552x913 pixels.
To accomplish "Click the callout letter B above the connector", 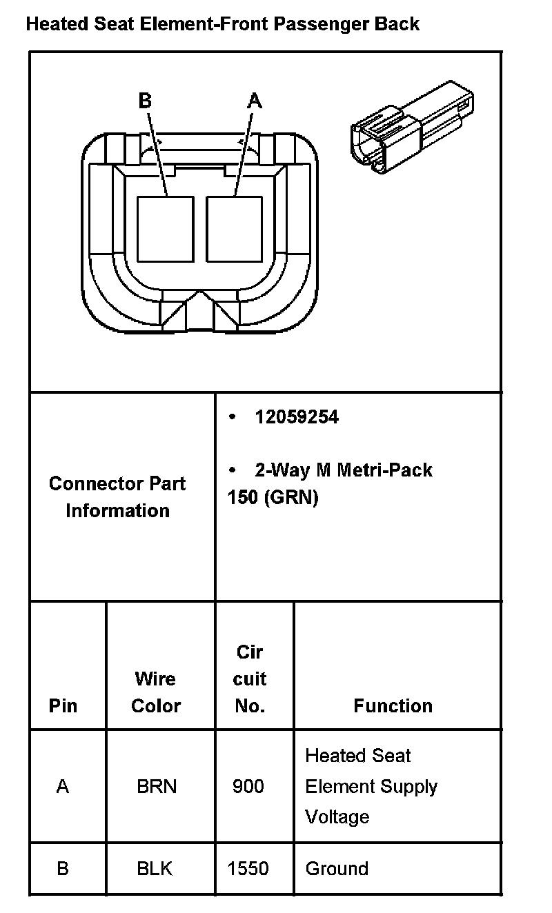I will pyautogui.click(x=145, y=101).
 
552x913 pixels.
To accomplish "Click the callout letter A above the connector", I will pyautogui.click(x=255, y=101).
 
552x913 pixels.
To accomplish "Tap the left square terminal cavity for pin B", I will pyautogui.click(x=165, y=229).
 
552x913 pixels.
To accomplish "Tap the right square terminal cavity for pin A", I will pyautogui.click(x=235, y=229).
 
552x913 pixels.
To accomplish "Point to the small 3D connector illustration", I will pyautogui.click(x=413, y=129).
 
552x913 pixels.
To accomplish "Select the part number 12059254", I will pyautogui.click(x=297, y=417).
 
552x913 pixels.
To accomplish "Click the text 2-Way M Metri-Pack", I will pyautogui.click(x=343, y=470).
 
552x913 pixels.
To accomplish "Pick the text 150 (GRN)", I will pyautogui.click(x=273, y=498).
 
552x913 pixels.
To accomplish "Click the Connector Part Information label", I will pyautogui.click(x=117, y=496).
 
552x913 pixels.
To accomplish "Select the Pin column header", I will pyautogui.click(x=63, y=705).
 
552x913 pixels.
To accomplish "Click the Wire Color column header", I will pyautogui.click(x=156, y=692).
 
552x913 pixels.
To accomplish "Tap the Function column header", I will pyautogui.click(x=393, y=705).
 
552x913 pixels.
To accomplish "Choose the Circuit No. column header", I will pyautogui.click(x=249, y=679).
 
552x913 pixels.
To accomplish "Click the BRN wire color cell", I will pyautogui.click(x=157, y=786).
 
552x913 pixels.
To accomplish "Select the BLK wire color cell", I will pyautogui.click(x=155, y=868).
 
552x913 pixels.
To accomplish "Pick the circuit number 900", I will pyautogui.click(x=248, y=786).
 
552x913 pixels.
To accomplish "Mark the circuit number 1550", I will pyautogui.click(x=248, y=868).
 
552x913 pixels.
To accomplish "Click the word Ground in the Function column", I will pyautogui.click(x=337, y=868).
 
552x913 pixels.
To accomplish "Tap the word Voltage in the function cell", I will pyautogui.click(x=337, y=817).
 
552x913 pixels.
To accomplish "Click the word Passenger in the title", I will pyautogui.click(x=322, y=25).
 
